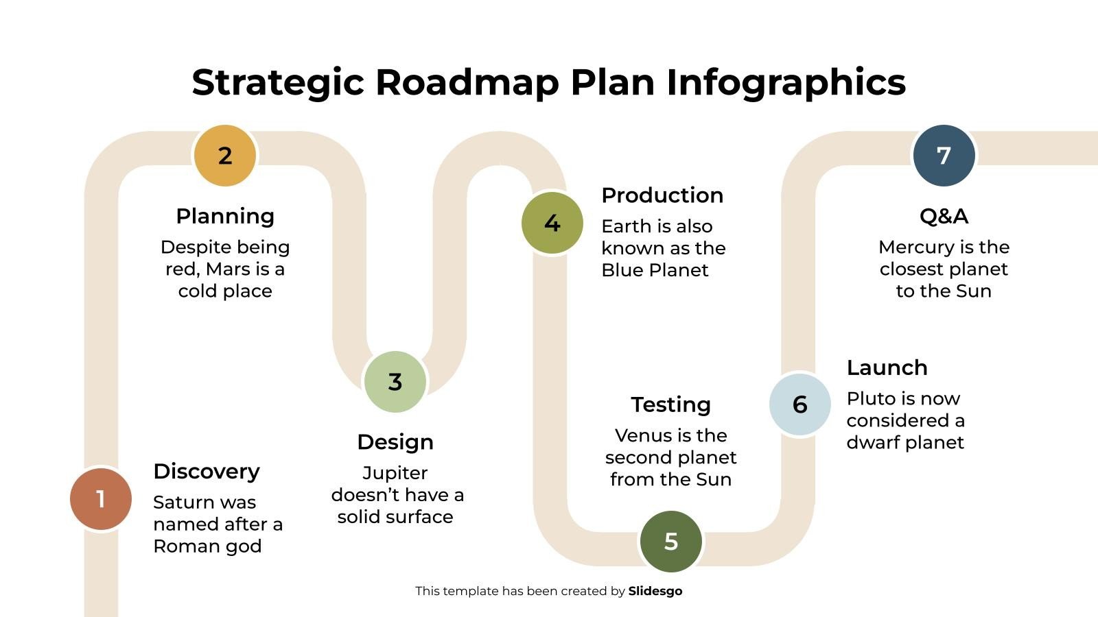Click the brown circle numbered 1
tap(101, 499)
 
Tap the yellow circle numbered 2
tap(225, 156)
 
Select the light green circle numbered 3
tap(395, 382)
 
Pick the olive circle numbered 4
tap(552, 223)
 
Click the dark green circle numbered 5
tap(671, 542)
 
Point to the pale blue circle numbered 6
tap(800, 404)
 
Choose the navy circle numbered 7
tap(944, 156)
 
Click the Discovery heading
tap(207, 472)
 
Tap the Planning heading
tap(225, 216)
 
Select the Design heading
tap(395, 442)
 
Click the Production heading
tap(662, 195)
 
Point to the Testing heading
tap(670, 404)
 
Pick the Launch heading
tap(887, 367)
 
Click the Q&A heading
tap(944, 216)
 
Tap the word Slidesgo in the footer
tap(655, 591)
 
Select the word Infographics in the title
tap(786, 82)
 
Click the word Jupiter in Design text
tap(395, 473)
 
